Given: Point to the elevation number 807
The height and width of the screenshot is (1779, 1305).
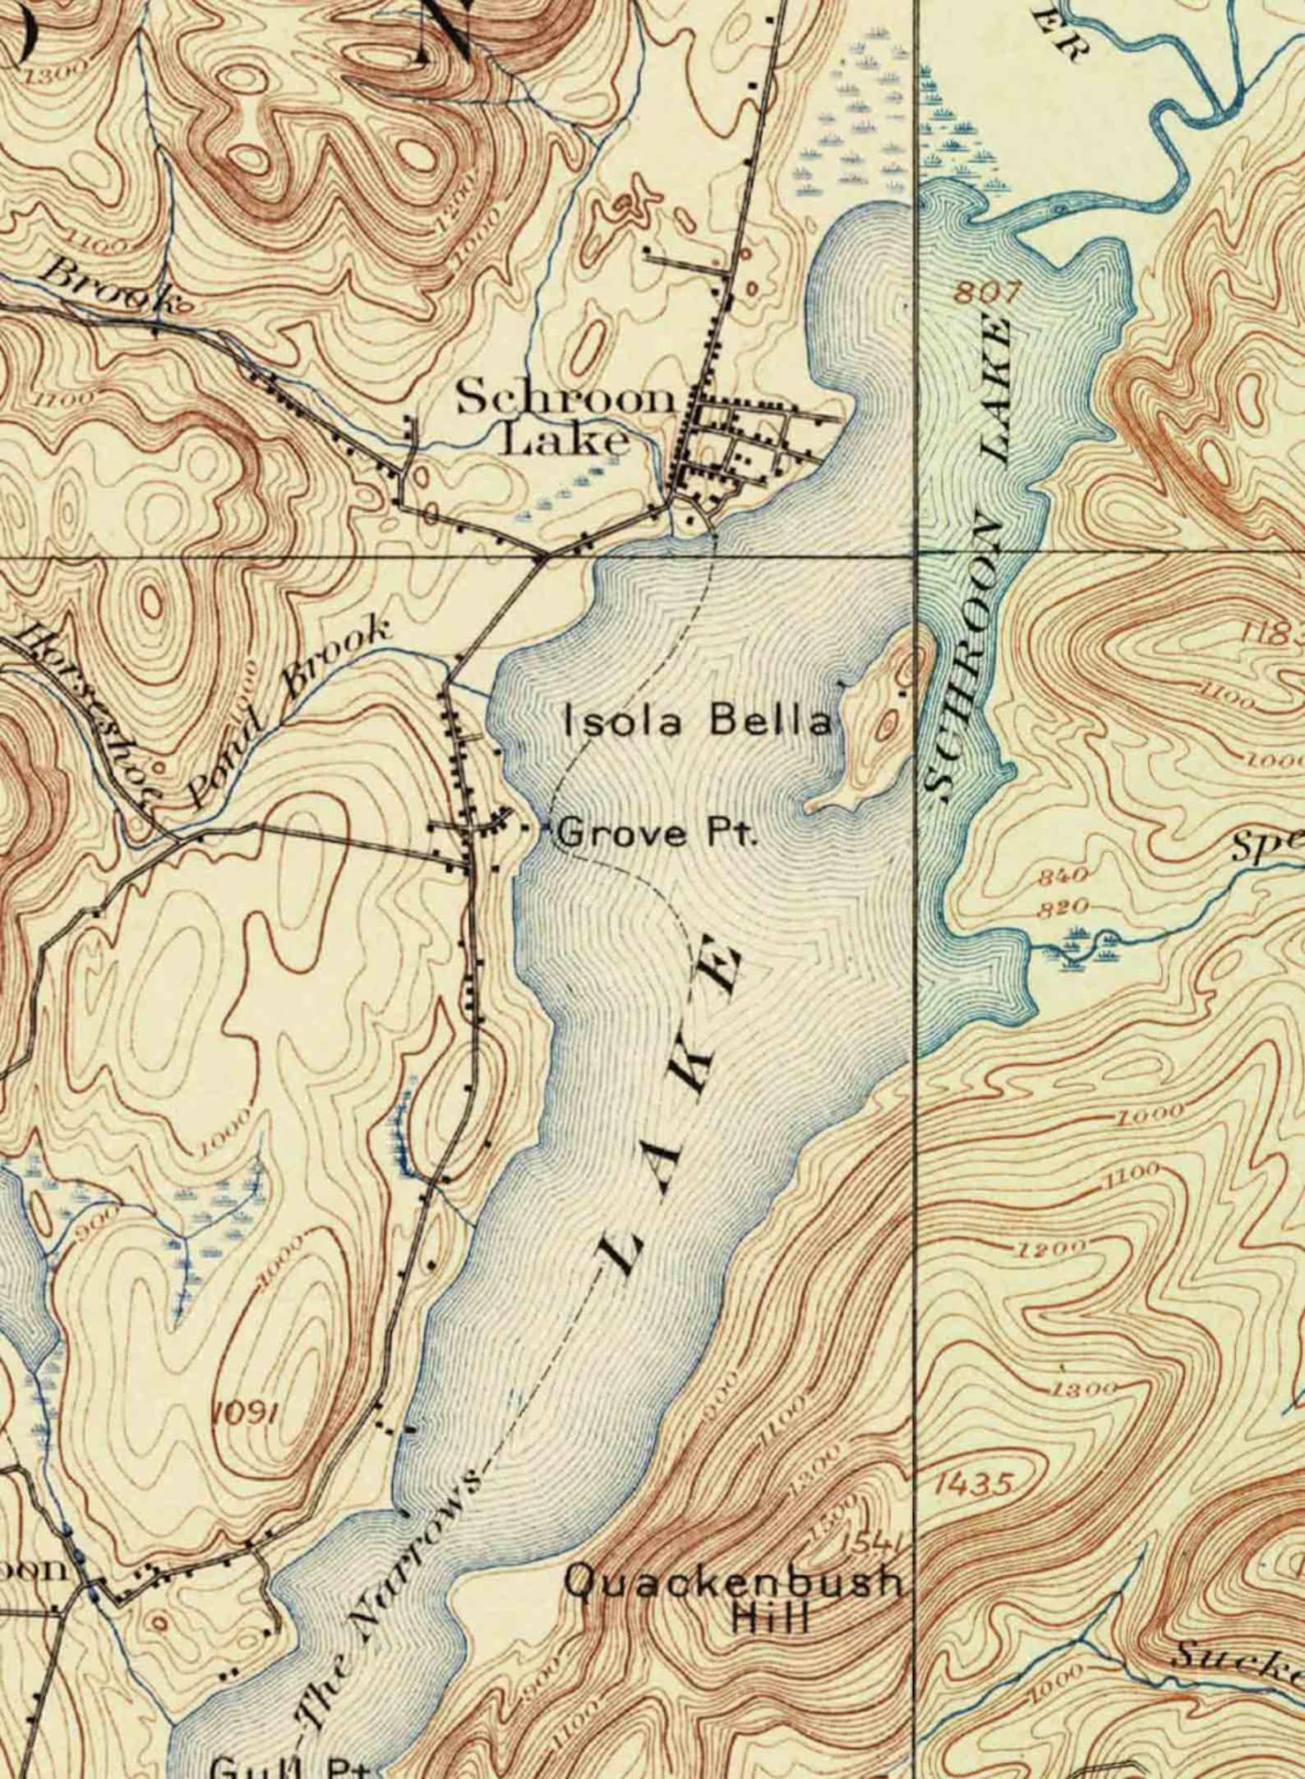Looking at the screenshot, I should (x=989, y=292).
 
